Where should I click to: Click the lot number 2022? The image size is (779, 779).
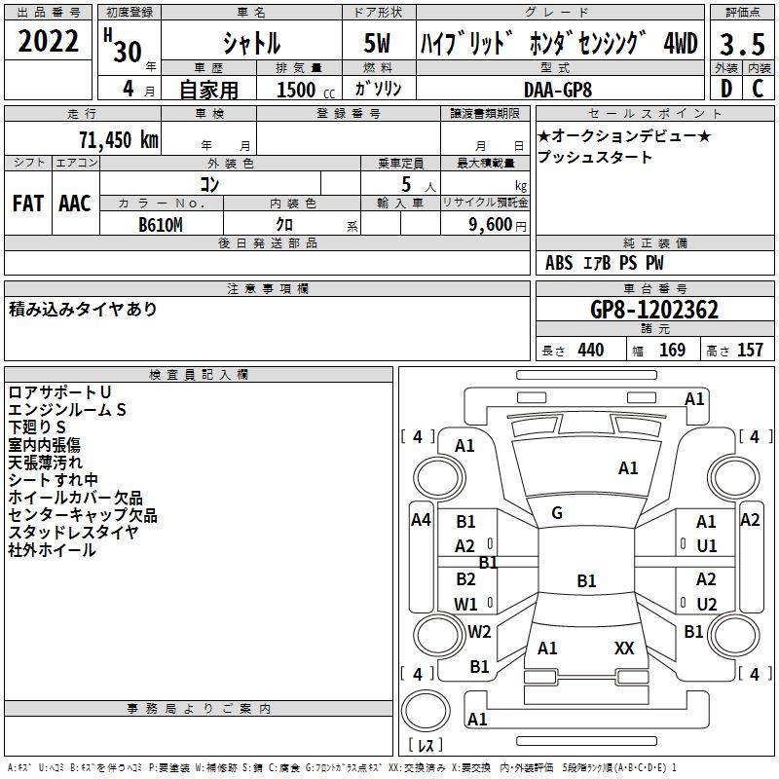pos(48,41)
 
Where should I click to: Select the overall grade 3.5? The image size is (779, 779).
pos(742,44)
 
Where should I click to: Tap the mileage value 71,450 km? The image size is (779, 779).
pos(119,139)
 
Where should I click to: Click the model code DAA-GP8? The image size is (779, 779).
pos(558,90)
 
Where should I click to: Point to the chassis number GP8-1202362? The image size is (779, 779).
pos(654,310)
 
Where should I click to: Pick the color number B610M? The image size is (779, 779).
pos(161,225)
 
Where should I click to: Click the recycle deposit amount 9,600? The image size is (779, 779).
pos(491,224)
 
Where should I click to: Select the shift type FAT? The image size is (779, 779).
pos(28,204)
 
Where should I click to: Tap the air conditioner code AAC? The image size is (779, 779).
pos(75,204)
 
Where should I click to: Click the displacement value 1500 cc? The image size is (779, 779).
pos(306,90)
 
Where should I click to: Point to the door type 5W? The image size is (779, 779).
pos(377,43)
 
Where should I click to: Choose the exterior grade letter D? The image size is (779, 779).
pos(726,89)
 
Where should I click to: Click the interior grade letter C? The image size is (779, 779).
pos(758,89)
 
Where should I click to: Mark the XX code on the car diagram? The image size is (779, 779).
pos(624,648)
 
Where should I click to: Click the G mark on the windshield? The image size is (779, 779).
pos(557,513)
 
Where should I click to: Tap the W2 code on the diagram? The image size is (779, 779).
pos(479,631)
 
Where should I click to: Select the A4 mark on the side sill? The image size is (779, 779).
pos(421,520)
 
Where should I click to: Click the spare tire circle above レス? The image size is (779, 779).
pos(426,710)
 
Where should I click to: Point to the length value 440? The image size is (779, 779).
pos(591,350)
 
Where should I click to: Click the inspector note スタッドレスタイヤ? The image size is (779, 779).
pos(74,532)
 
